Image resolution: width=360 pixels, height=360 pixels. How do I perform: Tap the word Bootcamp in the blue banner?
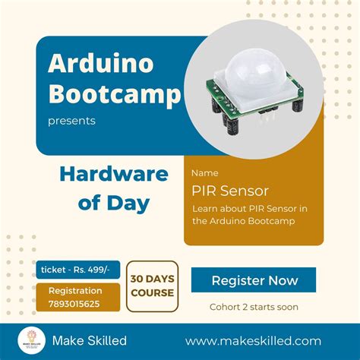[115, 94]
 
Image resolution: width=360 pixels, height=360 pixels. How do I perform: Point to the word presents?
[71, 120]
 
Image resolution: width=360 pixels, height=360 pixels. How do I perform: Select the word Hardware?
[113, 175]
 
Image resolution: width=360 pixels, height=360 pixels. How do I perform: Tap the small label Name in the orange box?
[204, 172]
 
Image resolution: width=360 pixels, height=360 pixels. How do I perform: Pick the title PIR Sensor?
[230, 190]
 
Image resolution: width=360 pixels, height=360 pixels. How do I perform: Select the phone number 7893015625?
[74, 303]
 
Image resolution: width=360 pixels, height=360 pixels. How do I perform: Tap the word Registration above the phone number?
[75, 290]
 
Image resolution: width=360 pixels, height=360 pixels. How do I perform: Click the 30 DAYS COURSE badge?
[152, 286]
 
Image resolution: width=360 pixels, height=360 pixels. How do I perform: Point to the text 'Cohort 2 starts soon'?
[254, 307]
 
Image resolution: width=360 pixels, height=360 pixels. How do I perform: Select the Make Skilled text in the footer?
[90, 341]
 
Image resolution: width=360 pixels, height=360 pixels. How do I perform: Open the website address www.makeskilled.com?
[253, 341]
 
